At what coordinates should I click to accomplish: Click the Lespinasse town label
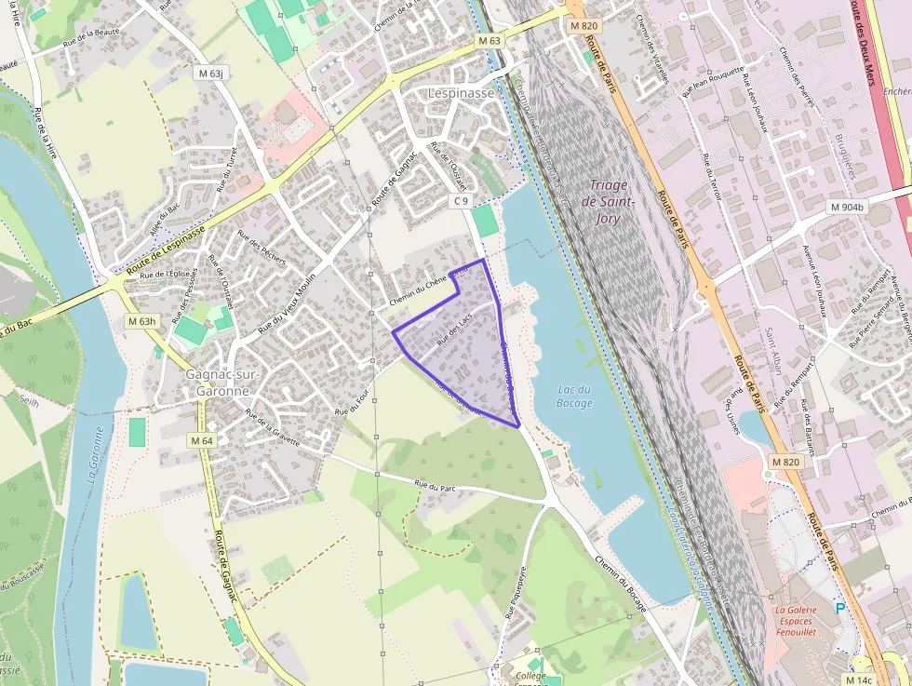(x=461, y=93)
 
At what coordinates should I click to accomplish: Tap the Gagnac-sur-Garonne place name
(x=223, y=383)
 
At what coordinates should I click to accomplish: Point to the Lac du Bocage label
(x=574, y=396)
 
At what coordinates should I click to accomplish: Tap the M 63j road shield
(x=211, y=72)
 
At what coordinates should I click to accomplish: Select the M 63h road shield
(x=142, y=321)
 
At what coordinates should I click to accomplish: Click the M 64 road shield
(x=201, y=440)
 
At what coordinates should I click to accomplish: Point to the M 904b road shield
(x=847, y=207)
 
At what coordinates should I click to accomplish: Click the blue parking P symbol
(x=840, y=609)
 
